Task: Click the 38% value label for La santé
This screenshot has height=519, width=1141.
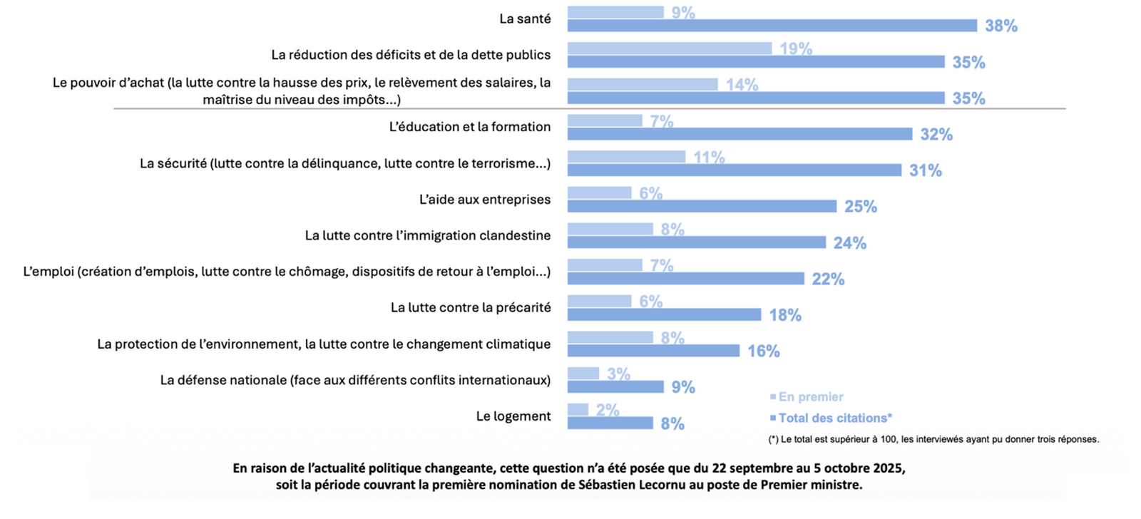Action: tap(1001, 26)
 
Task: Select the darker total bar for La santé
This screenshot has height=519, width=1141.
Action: tap(772, 26)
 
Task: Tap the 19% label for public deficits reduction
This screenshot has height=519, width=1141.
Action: tap(795, 48)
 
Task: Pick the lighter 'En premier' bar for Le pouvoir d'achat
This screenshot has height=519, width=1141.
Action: tap(642, 84)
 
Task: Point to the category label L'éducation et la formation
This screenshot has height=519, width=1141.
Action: tap(469, 127)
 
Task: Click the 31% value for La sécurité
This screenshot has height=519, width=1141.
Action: tap(925, 170)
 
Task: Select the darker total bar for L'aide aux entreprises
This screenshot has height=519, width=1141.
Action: tap(702, 206)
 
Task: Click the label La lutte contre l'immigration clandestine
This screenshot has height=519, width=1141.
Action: tap(427, 235)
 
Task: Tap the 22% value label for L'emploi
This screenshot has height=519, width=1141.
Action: tap(828, 279)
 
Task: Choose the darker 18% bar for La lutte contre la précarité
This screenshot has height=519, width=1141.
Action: tap(664, 314)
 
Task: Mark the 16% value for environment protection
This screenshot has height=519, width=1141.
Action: tap(763, 351)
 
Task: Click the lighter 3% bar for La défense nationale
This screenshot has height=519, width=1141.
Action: tap(583, 373)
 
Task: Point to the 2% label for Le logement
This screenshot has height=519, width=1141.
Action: tap(608, 410)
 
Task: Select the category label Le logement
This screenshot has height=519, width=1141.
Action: tap(513, 416)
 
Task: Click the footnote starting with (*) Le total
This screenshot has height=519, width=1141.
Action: tap(933, 439)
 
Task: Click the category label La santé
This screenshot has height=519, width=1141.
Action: tap(525, 19)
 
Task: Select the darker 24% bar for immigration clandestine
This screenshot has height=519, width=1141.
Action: tap(696, 242)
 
